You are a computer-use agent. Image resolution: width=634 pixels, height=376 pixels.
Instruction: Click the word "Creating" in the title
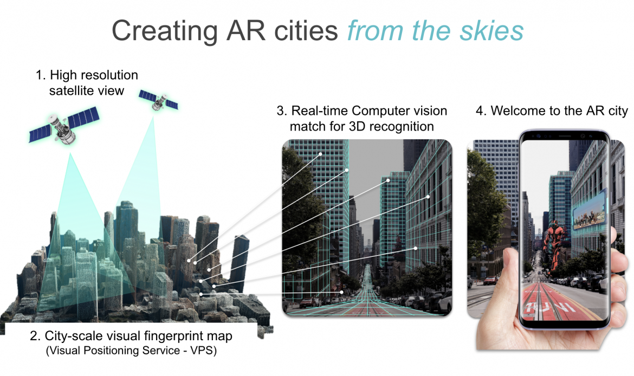point(165,31)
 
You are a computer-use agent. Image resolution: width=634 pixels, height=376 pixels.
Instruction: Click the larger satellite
point(64,126)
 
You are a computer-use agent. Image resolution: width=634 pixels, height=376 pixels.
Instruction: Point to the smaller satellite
point(158,100)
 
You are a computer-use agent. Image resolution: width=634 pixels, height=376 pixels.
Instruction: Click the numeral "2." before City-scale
point(35,336)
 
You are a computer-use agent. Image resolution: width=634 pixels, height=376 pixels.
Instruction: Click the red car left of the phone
point(490,280)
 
